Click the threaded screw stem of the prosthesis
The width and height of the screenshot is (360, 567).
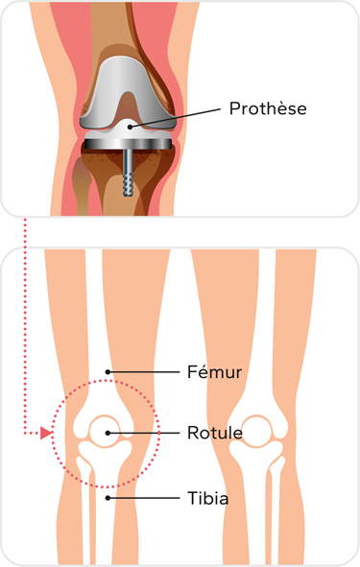pos(127,177)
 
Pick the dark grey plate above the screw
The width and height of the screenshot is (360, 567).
pos(127,144)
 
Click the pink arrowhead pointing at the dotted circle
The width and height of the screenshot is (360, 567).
pos(46,434)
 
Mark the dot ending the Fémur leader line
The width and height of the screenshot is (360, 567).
pos(108,371)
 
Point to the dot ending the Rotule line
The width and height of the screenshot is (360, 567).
pos(108,434)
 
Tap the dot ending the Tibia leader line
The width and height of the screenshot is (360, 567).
pos(108,497)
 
